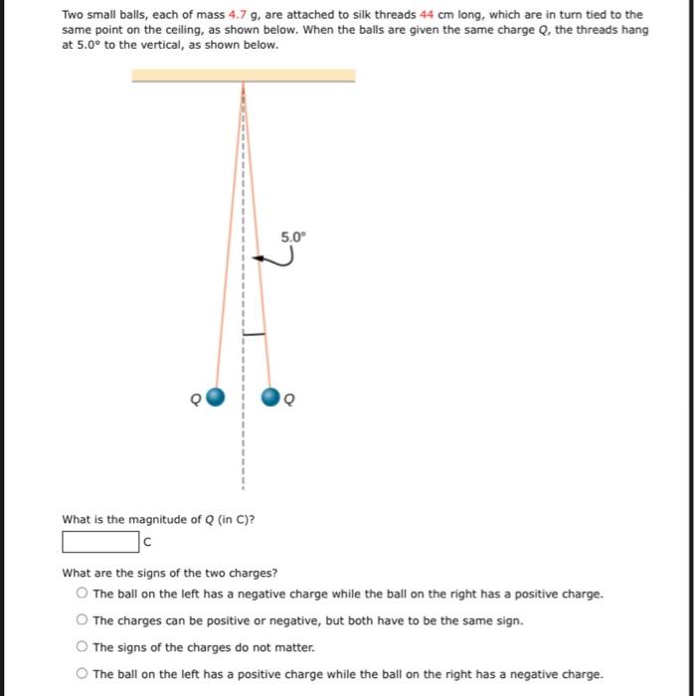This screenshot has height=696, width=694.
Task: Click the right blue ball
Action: (269, 398)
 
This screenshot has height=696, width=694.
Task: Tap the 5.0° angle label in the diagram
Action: (294, 237)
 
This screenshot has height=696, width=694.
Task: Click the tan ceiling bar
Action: (243, 76)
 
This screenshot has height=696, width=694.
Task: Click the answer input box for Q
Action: (100, 542)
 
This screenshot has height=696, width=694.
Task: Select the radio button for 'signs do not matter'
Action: (81, 647)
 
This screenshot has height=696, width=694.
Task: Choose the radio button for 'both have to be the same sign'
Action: (81, 620)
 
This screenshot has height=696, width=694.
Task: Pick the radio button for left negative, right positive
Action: (81, 594)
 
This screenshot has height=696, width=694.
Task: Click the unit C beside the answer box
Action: (147, 543)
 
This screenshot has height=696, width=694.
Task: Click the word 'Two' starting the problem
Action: (73, 15)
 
